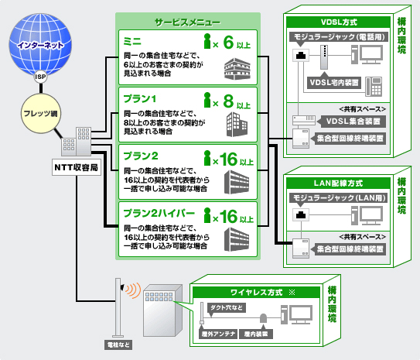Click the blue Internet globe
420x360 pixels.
point(40,44)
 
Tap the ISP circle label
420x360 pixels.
point(40,77)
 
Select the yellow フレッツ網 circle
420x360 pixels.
point(41,113)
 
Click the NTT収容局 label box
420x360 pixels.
point(77,167)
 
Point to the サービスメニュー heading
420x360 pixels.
point(187,22)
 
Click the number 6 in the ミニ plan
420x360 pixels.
point(228,43)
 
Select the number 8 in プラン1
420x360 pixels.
point(228,101)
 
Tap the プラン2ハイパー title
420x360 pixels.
point(159,214)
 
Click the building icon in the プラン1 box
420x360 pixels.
point(237,125)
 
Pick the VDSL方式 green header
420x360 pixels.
point(338,22)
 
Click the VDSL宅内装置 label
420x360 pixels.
point(334,82)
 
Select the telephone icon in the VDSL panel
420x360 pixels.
point(374,86)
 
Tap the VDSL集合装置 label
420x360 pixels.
point(353,122)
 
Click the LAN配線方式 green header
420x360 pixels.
point(338,183)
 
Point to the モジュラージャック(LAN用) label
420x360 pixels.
point(339,198)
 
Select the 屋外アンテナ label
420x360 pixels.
point(218,334)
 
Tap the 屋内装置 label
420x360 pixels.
point(256,334)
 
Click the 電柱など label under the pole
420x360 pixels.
point(118,345)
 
